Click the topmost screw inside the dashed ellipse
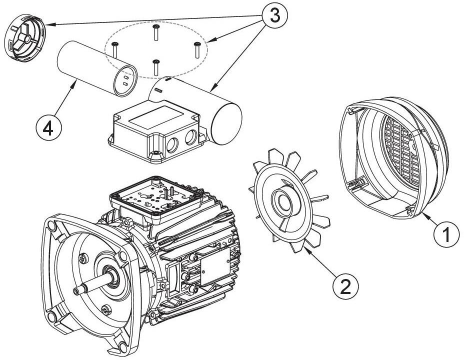coord(156,32)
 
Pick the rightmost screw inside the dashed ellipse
coord(196,49)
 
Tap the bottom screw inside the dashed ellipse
coord(155,67)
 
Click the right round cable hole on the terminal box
coord(191,138)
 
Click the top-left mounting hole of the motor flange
coord(51,225)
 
